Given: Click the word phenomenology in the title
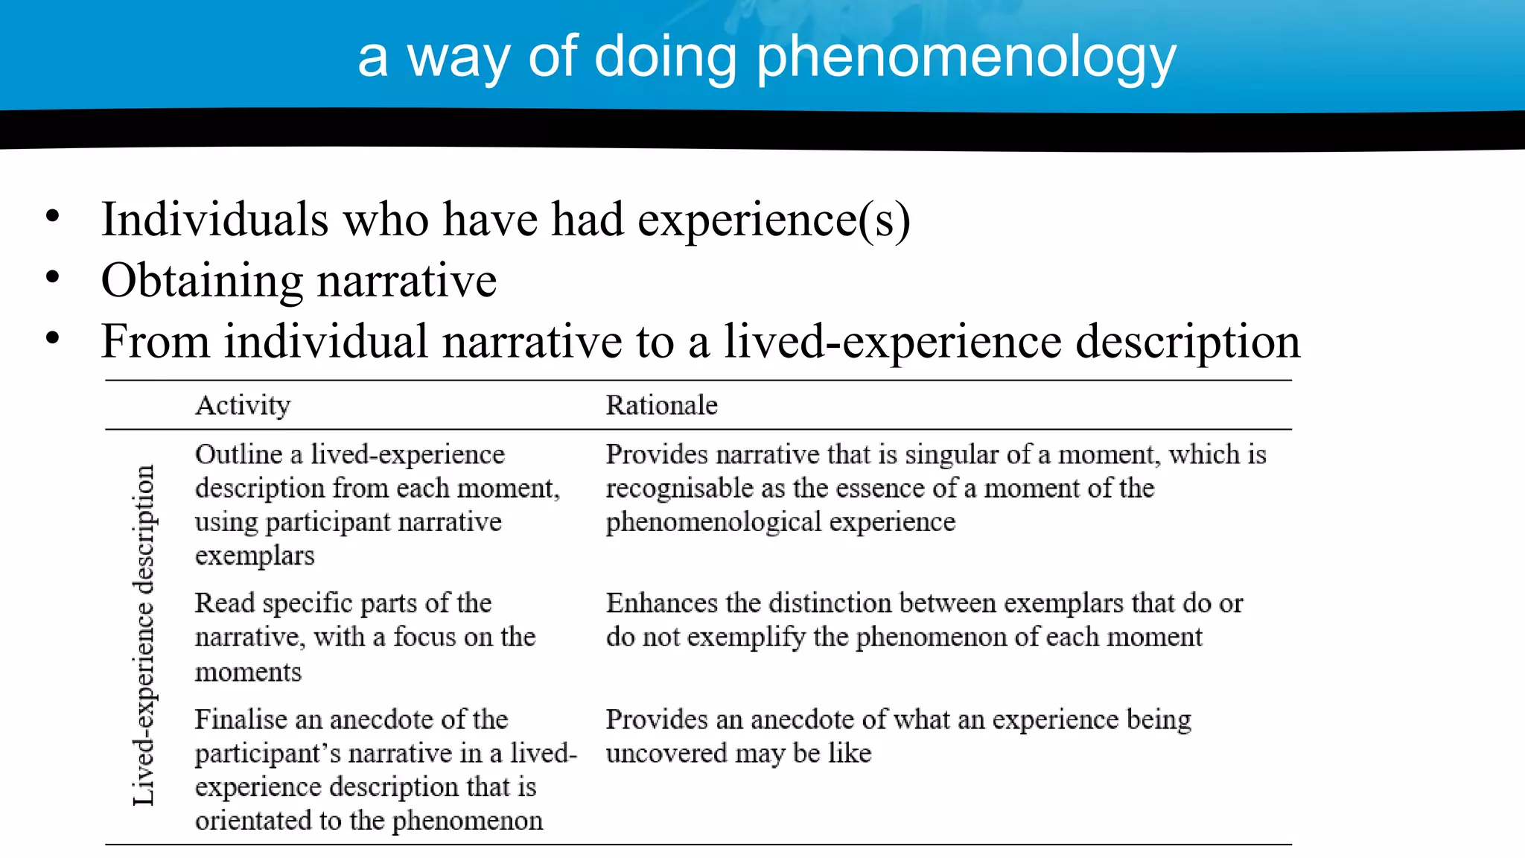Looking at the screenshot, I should pyautogui.click(x=966, y=58).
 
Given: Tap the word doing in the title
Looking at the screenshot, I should pyautogui.click(x=665, y=58).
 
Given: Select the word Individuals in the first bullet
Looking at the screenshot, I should pyautogui.click(x=214, y=220).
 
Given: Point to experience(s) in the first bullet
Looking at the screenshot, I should pyautogui.click(x=774, y=220).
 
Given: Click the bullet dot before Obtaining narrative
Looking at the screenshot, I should pyautogui.click(x=52, y=278).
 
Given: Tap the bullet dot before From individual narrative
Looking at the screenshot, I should pyautogui.click(x=52, y=338).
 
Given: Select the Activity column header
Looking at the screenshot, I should pyautogui.click(x=243, y=405).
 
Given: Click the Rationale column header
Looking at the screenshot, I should pyautogui.click(x=661, y=405).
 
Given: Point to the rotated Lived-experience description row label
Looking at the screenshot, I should pyautogui.click(x=143, y=635).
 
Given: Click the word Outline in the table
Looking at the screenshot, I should pyautogui.click(x=238, y=454).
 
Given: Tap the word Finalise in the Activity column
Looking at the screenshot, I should pyautogui.click(x=241, y=719).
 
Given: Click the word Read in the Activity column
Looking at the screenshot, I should pyautogui.click(x=224, y=603).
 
